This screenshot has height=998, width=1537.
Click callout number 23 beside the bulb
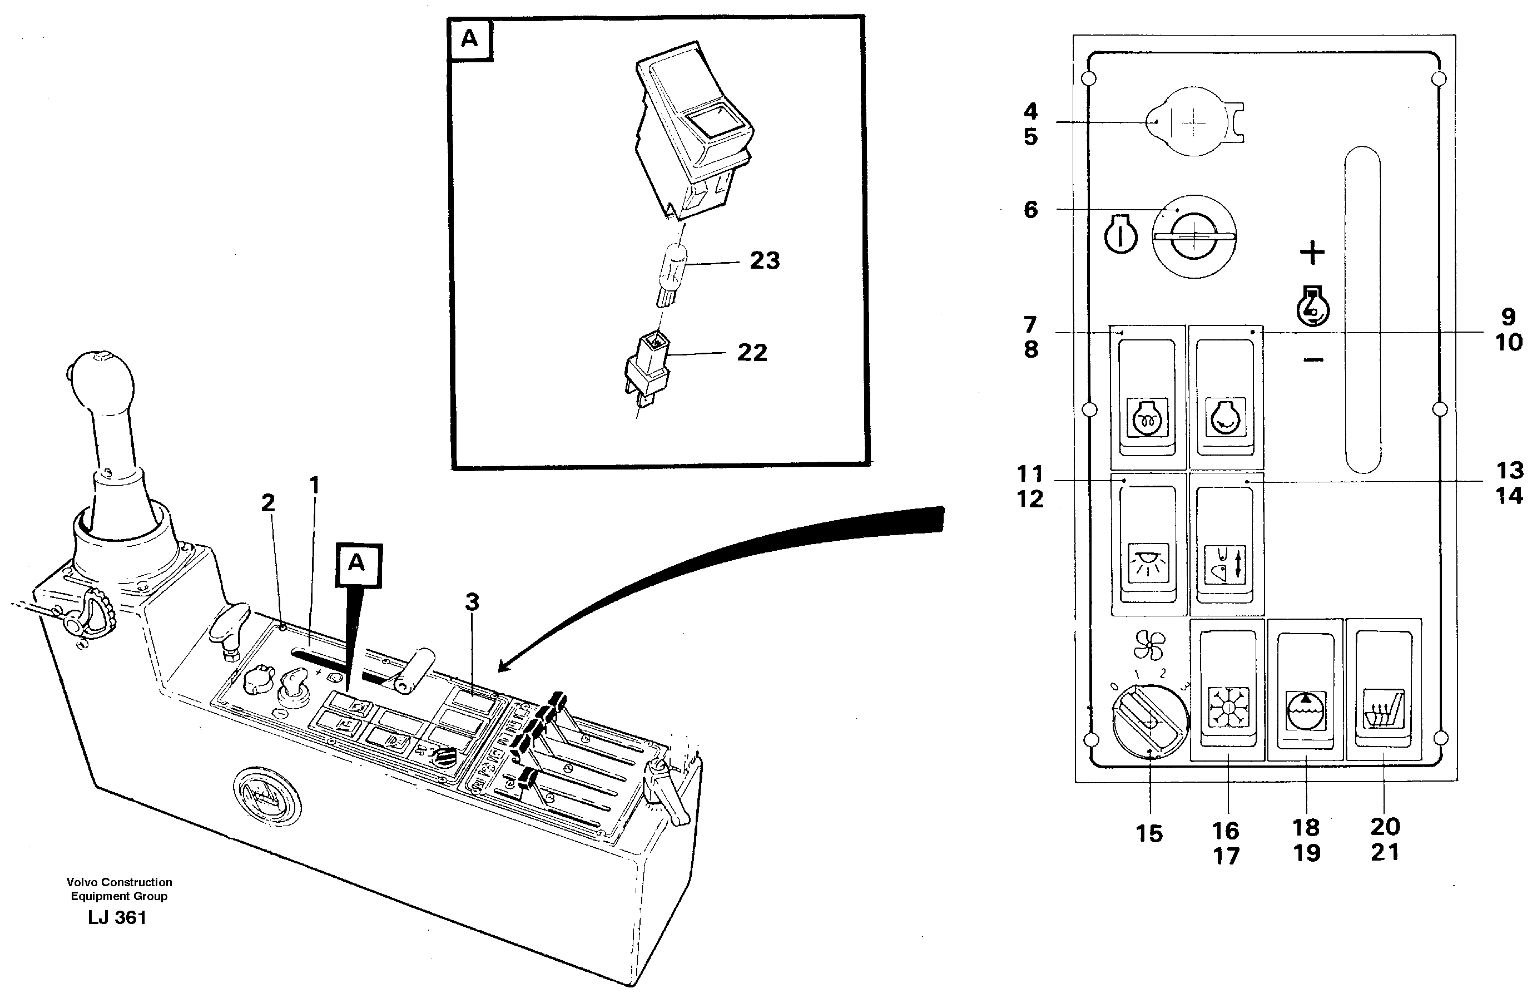pyautogui.click(x=765, y=261)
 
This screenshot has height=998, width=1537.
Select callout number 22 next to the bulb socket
pyautogui.click(x=752, y=353)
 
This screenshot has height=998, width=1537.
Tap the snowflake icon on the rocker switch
pyautogui.click(x=1228, y=709)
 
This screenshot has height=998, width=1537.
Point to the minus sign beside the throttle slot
pyautogui.click(x=1313, y=359)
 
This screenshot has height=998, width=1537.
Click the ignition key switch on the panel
pyautogui.click(x=1194, y=238)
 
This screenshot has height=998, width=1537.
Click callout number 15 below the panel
pyautogui.click(x=1149, y=834)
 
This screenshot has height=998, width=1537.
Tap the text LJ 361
pyautogui.click(x=117, y=918)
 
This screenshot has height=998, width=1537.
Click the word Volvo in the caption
pyautogui.click(x=81, y=882)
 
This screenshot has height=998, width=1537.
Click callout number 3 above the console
pyautogui.click(x=472, y=602)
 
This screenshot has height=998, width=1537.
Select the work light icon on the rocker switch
pyautogui.click(x=1148, y=562)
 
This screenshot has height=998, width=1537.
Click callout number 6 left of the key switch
pyautogui.click(x=1031, y=210)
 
